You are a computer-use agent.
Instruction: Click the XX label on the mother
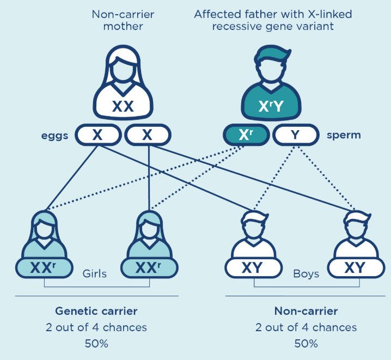(x=123, y=106)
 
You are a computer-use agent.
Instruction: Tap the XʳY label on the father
(x=271, y=106)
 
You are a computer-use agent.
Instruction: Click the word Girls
(x=95, y=274)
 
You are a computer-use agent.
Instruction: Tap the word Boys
(x=306, y=274)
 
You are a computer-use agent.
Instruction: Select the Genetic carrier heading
(x=96, y=312)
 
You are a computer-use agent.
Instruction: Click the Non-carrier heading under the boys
(x=306, y=312)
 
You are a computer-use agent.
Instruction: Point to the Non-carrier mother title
(x=123, y=20)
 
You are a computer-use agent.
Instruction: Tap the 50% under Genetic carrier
(x=96, y=344)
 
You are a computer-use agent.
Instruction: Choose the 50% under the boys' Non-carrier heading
(x=306, y=344)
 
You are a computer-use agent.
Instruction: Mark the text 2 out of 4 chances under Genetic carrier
(x=96, y=328)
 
